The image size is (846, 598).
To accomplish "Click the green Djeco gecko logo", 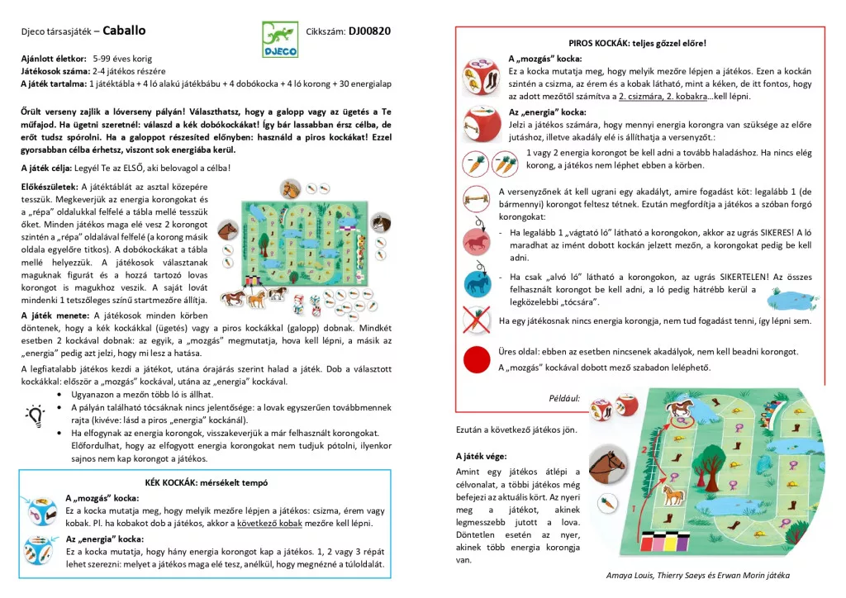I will click(281, 39).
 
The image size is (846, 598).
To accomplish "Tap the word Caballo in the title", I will click(125, 31).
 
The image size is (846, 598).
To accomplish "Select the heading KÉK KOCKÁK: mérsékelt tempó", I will click(205, 482).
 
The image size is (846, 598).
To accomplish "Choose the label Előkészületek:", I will click(49, 187).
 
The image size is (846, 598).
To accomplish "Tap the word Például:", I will click(564, 397).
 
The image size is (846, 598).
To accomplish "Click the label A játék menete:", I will click(55, 316).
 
